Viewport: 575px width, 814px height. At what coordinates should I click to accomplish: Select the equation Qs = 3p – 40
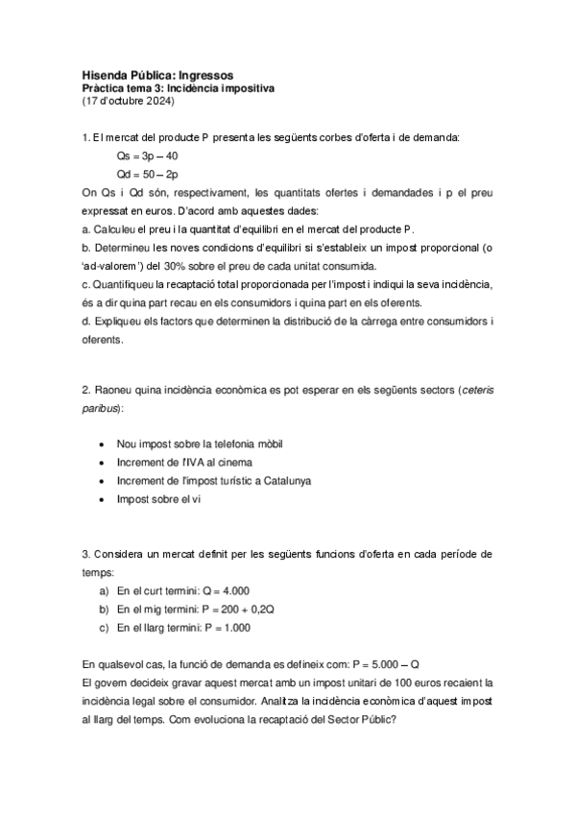click(147, 156)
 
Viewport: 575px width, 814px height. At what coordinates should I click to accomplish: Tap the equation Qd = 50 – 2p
click(147, 174)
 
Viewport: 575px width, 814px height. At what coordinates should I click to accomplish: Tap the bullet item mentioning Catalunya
click(207, 481)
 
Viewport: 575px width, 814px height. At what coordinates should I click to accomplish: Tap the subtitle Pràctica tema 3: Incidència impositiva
click(178, 87)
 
